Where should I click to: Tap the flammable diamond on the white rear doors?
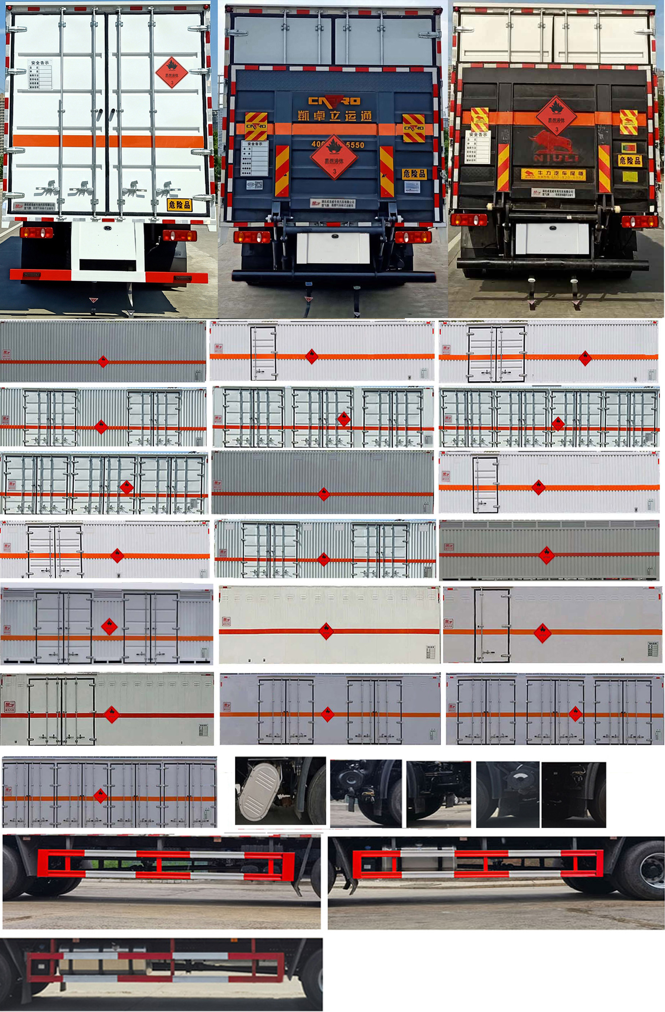click(172, 73)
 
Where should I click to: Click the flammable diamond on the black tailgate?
click(556, 116)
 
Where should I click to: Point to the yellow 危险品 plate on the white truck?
click(179, 205)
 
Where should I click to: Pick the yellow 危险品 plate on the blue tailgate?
click(414, 173)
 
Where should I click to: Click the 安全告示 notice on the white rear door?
click(40, 75)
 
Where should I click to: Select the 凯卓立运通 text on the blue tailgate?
click(335, 116)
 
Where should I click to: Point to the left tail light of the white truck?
click(37, 232)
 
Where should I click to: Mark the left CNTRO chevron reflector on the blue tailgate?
click(256, 126)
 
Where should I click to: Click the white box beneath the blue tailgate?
click(333, 247)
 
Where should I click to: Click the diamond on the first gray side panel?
click(103, 361)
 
